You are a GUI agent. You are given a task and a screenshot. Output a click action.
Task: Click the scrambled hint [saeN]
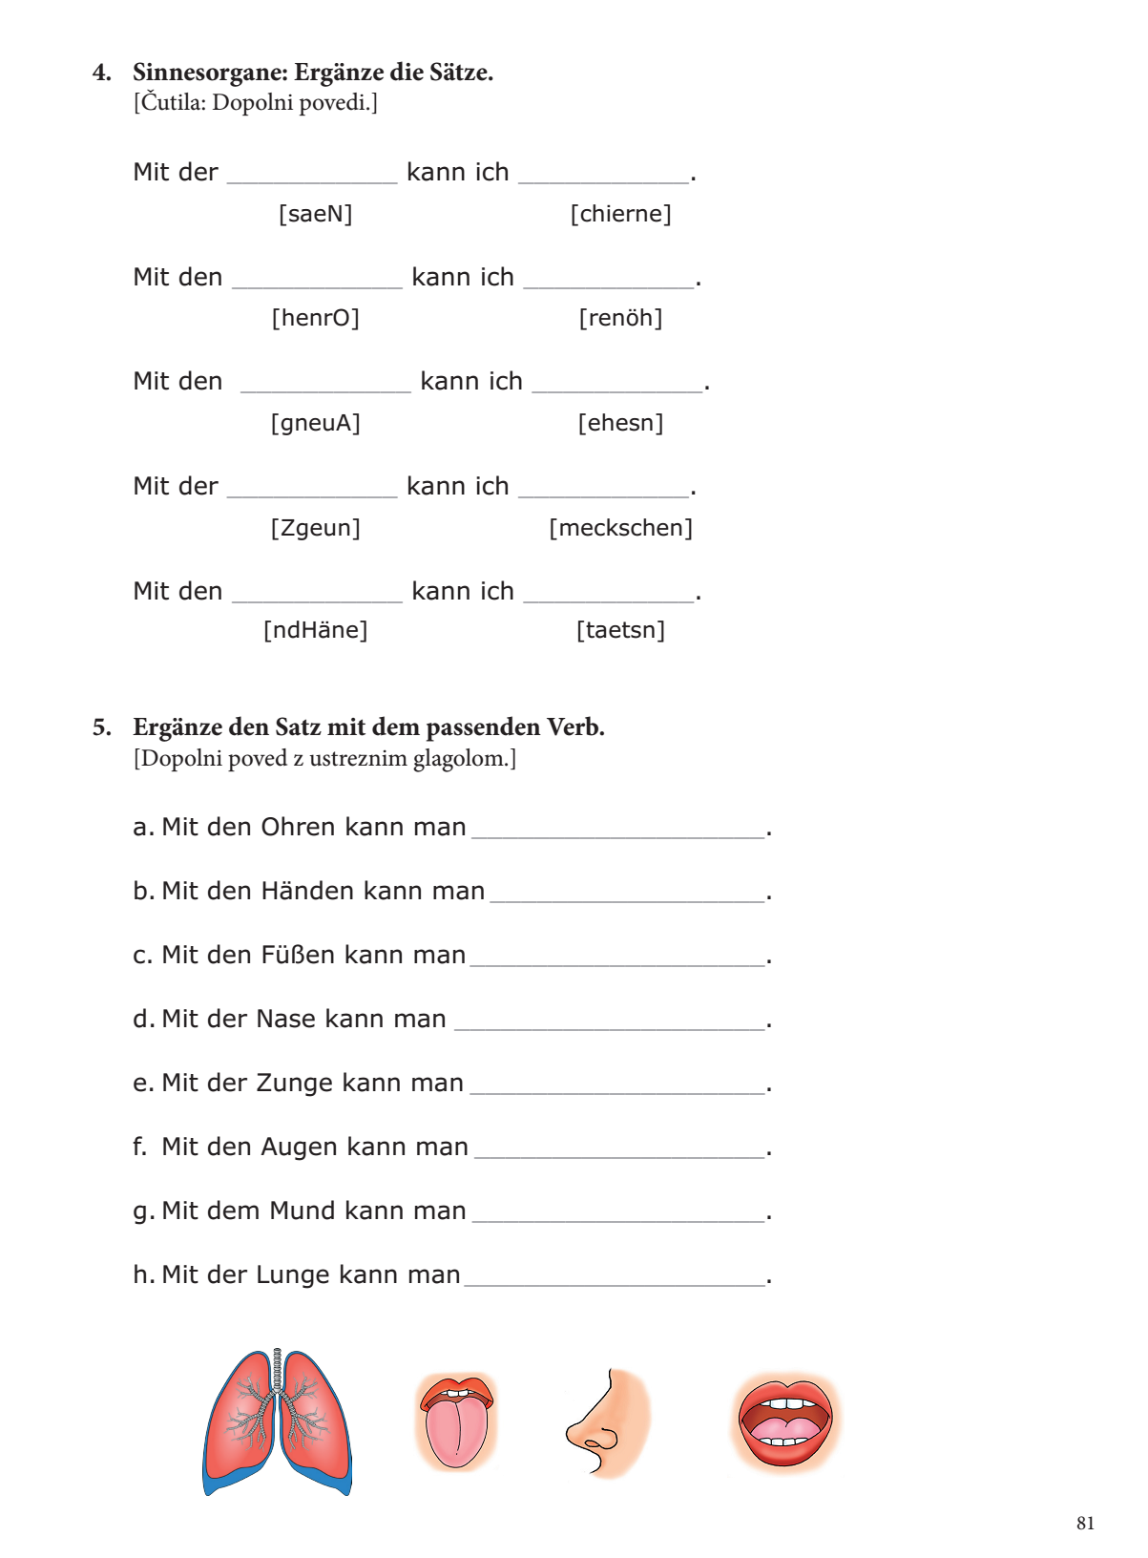click(315, 214)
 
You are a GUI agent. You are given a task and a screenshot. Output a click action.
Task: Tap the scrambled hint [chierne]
click(620, 214)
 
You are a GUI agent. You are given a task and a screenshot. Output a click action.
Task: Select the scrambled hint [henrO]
click(315, 318)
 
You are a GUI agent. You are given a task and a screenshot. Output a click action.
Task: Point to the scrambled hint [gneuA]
click(315, 423)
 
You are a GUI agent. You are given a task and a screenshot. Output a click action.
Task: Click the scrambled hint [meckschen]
click(620, 528)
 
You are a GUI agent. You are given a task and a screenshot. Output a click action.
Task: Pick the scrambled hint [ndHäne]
click(315, 630)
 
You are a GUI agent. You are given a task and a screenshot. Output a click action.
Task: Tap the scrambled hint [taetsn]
click(620, 630)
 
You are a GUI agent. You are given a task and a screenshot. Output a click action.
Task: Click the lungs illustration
click(277, 1421)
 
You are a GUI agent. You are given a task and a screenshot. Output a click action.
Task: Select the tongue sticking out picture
click(456, 1420)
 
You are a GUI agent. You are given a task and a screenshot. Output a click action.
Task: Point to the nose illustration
click(607, 1422)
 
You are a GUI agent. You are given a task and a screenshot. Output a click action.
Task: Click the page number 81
click(1085, 1524)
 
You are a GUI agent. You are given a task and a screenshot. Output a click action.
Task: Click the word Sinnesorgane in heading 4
click(209, 73)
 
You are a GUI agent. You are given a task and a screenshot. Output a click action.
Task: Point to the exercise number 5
click(101, 727)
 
